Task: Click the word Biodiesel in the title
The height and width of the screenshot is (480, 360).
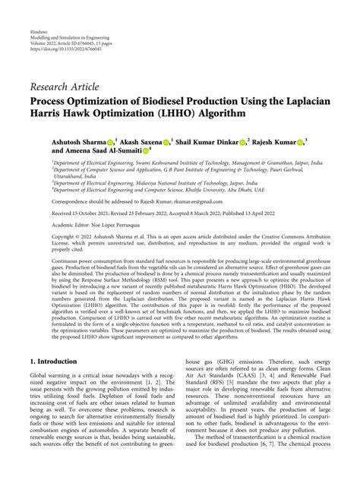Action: [156, 100]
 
